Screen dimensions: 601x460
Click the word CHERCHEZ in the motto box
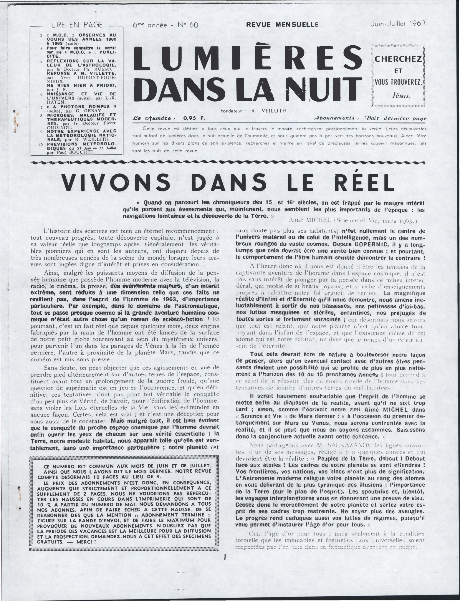click(x=398, y=59)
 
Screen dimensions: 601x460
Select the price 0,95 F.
click(x=192, y=118)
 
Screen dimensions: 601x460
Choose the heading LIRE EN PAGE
click(x=77, y=25)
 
